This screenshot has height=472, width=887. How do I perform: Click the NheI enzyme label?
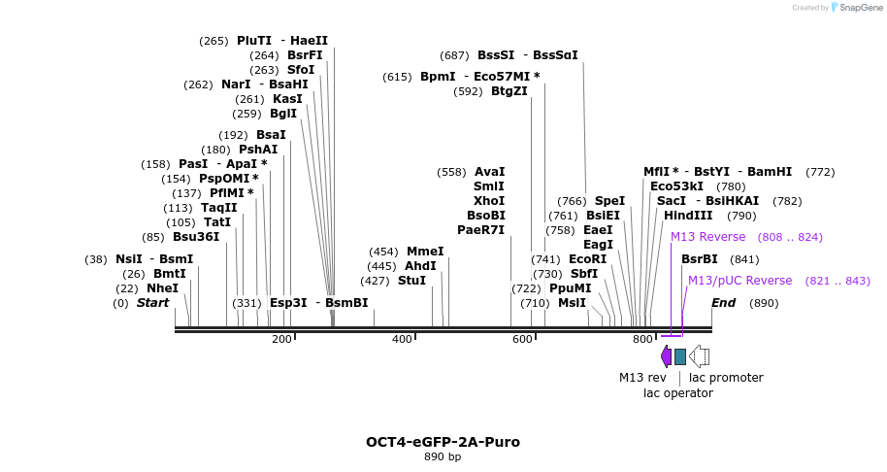point(162,288)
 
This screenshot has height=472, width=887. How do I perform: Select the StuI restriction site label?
point(411,281)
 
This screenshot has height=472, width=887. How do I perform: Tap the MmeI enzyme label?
point(424,252)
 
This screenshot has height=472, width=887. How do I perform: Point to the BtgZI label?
point(509,91)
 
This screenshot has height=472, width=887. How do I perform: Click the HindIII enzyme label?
point(688,216)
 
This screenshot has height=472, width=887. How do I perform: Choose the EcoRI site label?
point(587,259)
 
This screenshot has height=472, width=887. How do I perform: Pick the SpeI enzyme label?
point(609,201)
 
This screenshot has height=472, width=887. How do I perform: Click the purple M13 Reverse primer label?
point(707,237)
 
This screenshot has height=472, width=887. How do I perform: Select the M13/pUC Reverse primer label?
point(739,281)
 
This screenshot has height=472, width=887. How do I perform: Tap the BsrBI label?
point(699,259)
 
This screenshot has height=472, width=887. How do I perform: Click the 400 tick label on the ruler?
point(402,339)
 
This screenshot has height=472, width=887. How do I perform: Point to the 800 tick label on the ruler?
point(642,339)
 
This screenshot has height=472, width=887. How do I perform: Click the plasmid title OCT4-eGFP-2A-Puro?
point(443,442)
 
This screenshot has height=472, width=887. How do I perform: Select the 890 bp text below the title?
point(443,456)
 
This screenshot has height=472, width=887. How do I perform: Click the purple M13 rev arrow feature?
point(666,356)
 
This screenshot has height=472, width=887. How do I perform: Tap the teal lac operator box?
point(680,356)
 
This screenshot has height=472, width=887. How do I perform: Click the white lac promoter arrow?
point(700,356)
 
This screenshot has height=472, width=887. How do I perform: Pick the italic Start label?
point(152,303)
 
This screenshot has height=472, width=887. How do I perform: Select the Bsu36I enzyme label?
point(196,237)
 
